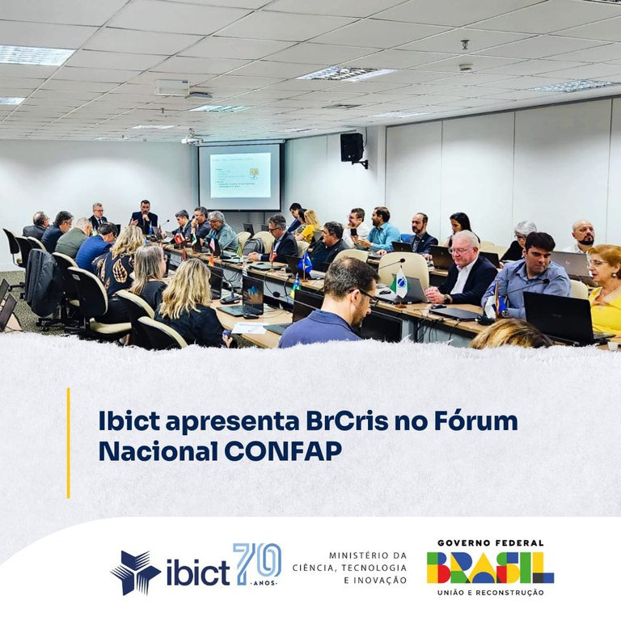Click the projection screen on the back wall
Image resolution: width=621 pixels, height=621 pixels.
(240, 176)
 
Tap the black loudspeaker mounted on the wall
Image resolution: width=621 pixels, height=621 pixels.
(352, 147)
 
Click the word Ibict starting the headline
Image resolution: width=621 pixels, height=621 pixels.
(129, 421)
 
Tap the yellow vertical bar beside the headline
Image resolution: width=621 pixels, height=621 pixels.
(68, 443)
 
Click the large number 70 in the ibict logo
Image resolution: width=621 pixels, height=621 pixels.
(257, 560)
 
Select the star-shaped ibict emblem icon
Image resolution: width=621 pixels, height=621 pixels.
(135, 572)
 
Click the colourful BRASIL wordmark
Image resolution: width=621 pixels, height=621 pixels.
(490, 568)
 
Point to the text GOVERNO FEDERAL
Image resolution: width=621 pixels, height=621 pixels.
(490, 543)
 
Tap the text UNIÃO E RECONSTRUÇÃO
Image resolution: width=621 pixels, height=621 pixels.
(490, 593)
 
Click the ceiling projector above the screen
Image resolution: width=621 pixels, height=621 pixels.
(192, 140)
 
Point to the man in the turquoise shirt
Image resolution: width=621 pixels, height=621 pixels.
(382, 229)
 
